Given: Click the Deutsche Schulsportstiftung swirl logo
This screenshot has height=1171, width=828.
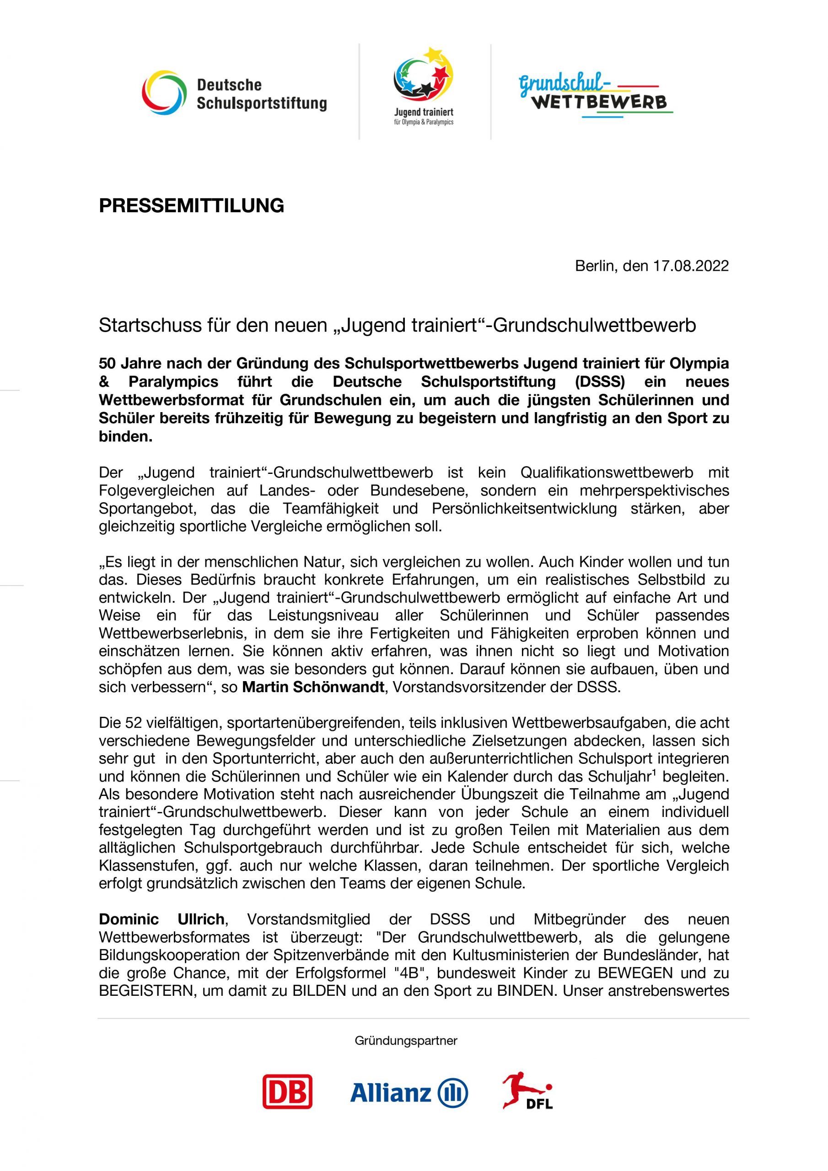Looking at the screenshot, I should tap(164, 93).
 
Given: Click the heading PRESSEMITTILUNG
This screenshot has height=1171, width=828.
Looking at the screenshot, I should tap(191, 205).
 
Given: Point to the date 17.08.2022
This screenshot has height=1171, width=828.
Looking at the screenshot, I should tap(691, 266).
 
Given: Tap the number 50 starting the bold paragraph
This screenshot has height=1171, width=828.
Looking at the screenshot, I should tap(108, 363).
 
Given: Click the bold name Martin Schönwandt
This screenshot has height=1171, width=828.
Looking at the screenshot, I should tap(313, 687).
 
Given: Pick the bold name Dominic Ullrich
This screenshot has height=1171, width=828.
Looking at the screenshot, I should tap(162, 919).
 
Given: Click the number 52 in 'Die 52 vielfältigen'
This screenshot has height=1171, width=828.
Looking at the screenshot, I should tap(134, 723).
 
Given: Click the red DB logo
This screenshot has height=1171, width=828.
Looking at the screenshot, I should tap(287, 1091).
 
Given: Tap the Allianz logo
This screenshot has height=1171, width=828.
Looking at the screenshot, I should tap(409, 1092).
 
